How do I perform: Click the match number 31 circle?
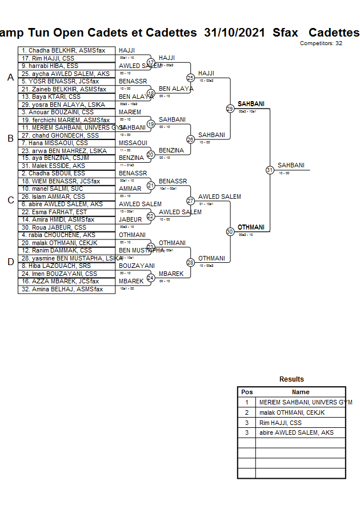tap(269, 170)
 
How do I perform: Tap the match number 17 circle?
tap(151, 62)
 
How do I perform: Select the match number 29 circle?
tap(230, 108)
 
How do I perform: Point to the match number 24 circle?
tap(151, 278)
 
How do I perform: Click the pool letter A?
tap(10, 78)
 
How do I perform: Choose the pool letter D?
tap(10, 262)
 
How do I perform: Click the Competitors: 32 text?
tap(321, 43)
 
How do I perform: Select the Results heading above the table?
tap(291, 379)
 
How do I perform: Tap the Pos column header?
tap(247, 392)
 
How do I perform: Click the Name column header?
tap(301, 392)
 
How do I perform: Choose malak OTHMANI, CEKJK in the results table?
tap(291, 412)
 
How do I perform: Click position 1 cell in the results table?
tap(247, 402)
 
